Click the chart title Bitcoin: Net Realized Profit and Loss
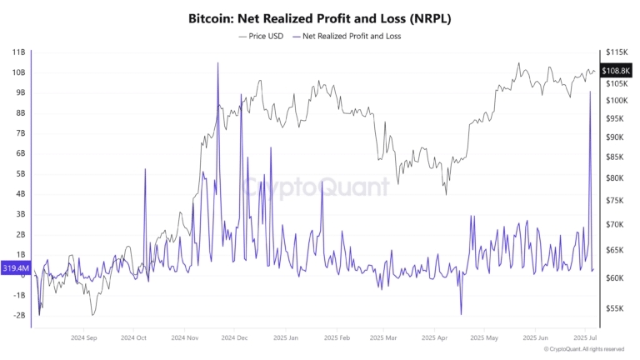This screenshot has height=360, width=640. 320,17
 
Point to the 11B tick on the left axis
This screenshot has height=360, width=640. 18,52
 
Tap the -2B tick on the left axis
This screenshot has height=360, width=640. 18,315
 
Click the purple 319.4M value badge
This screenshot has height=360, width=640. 15,268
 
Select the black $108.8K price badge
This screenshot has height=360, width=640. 616,72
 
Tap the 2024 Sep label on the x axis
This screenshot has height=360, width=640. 85,338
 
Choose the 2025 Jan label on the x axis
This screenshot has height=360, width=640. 286,338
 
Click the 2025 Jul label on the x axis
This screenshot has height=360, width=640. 582,338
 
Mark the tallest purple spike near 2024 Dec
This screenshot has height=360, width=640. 217,62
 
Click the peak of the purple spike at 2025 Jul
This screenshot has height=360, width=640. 590,92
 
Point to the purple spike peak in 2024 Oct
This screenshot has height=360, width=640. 144,169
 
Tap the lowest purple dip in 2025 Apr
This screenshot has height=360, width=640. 461,314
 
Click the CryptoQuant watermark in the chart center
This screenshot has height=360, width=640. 316,187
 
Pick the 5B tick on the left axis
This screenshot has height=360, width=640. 18,173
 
